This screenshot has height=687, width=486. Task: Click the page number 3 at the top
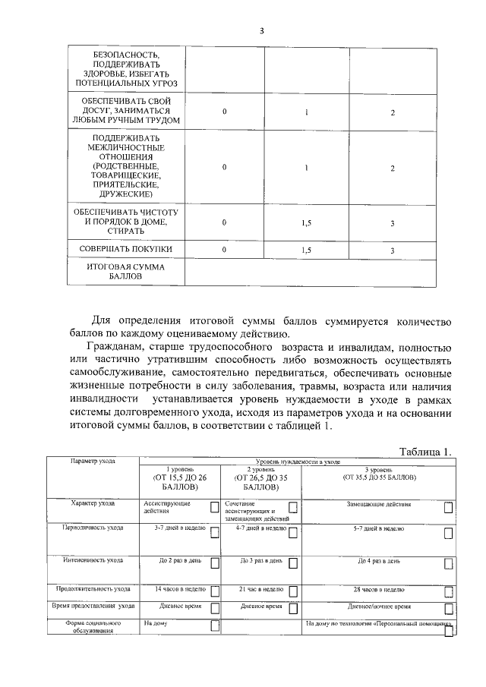(x=261, y=30)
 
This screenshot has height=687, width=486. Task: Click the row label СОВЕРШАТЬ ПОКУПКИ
(x=127, y=249)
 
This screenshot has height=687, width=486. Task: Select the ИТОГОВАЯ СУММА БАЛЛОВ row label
(x=126, y=273)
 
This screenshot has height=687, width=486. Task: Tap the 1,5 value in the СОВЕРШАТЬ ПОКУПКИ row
(x=307, y=250)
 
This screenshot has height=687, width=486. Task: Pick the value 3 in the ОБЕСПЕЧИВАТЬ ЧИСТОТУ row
(x=392, y=223)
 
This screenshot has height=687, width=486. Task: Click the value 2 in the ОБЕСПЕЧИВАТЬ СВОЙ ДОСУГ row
(x=392, y=112)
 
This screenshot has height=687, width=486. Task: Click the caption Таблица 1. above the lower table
(x=425, y=451)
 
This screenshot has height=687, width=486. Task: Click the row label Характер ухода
(x=93, y=503)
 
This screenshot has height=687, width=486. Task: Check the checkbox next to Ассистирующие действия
(x=215, y=507)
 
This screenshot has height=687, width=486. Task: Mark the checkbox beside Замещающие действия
(x=449, y=507)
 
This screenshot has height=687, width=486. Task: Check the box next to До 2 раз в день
(x=215, y=563)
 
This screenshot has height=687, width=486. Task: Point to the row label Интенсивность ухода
(x=93, y=560)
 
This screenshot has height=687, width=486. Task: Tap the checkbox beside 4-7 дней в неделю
(x=294, y=528)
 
